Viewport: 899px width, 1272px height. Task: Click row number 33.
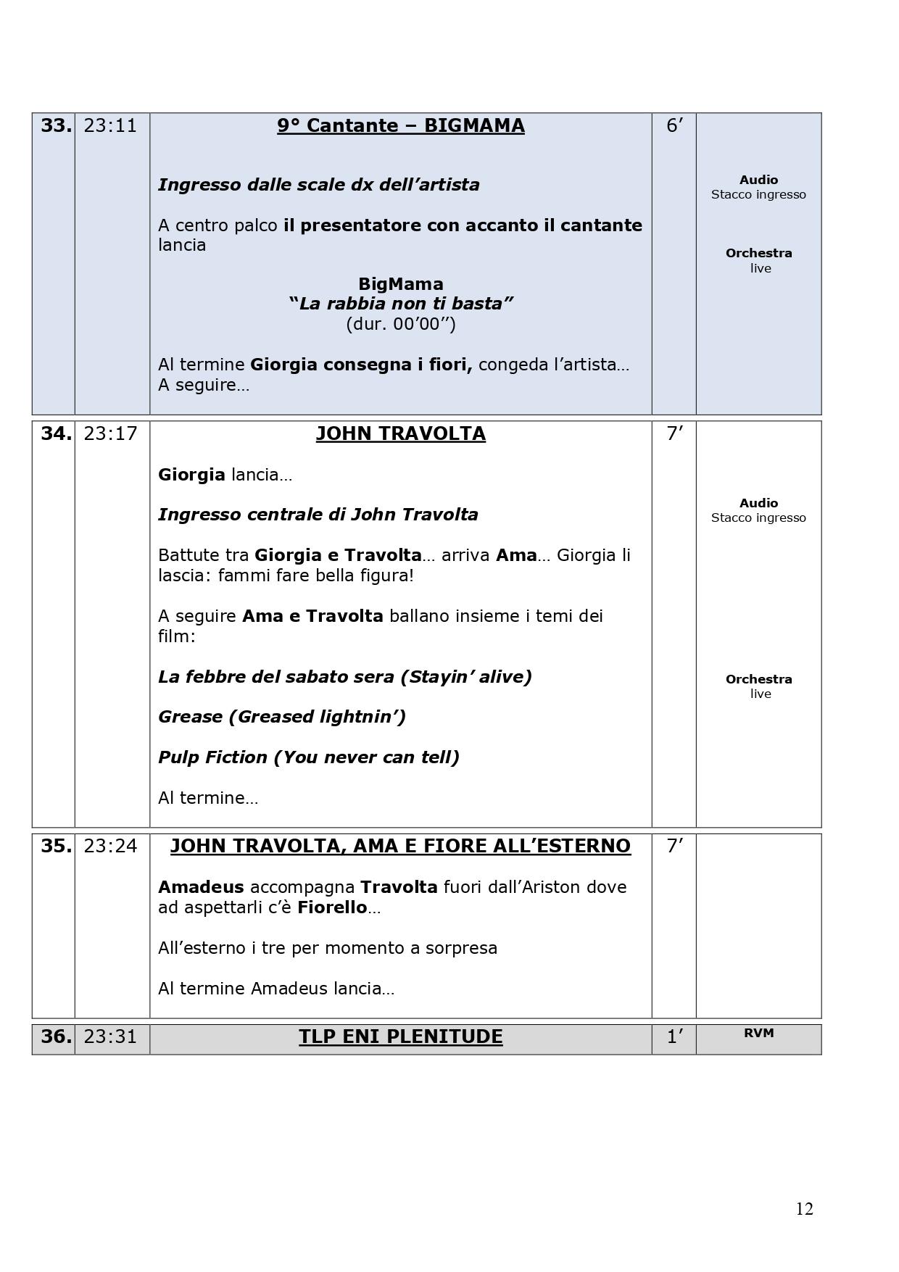tap(56, 125)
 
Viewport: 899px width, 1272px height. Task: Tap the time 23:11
tap(110, 125)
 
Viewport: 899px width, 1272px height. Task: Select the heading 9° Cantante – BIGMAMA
tap(400, 125)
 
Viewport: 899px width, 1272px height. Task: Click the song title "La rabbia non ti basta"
tap(400, 303)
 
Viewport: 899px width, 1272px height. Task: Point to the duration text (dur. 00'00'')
tap(400, 323)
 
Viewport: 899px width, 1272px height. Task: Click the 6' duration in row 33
tap(674, 125)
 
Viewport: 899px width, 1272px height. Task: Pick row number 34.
tap(56, 433)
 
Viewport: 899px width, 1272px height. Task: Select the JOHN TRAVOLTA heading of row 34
tap(400, 433)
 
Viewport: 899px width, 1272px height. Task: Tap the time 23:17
tap(110, 433)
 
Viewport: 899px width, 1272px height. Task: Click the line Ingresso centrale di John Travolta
tap(318, 515)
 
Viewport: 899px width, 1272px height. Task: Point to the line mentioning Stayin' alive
tap(344, 676)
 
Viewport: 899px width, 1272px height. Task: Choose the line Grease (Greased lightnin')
tap(281, 716)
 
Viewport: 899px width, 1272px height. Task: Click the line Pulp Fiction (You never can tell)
tap(308, 757)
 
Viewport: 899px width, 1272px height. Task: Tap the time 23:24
tap(110, 846)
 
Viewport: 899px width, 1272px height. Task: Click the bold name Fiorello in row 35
tap(332, 907)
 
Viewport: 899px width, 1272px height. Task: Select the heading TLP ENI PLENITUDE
tap(400, 1036)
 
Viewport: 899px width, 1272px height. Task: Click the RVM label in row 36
tap(758, 1033)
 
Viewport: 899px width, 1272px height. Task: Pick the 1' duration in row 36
tap(674, 1036)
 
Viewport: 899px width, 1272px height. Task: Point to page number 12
tap(804, 1208)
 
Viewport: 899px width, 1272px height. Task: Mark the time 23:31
tap(110, 1036)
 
